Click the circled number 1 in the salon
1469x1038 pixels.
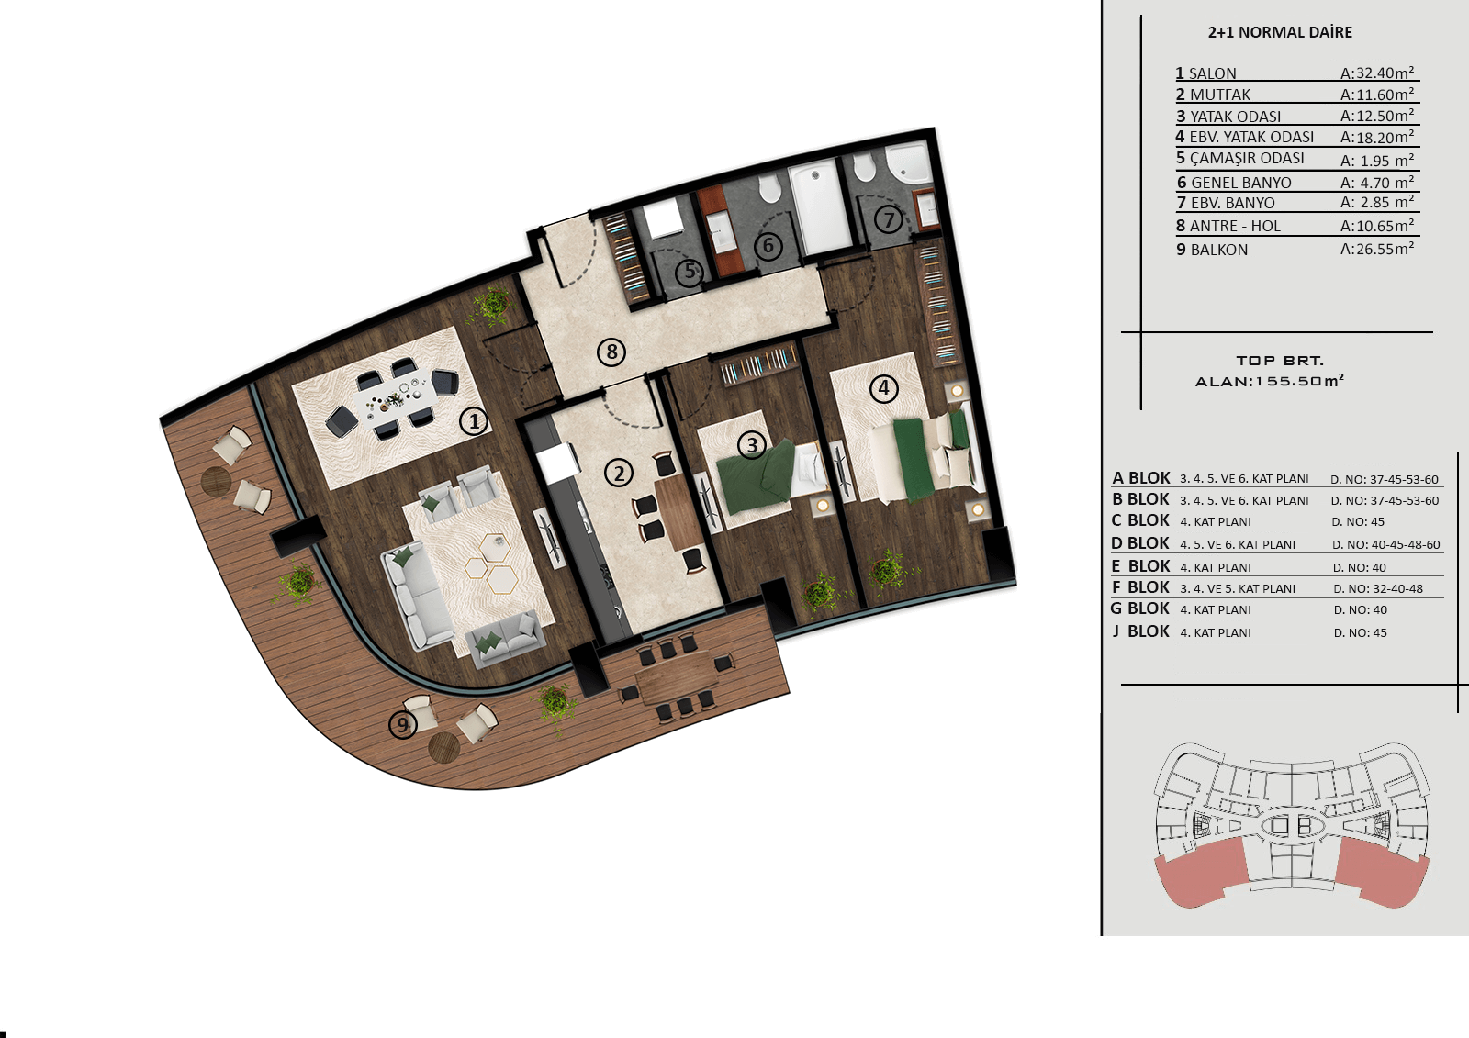[x=474, y=421]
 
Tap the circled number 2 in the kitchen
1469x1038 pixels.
[x=619, y=473]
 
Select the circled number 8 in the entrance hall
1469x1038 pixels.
[x=611, y=352]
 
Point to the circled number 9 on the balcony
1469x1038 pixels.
[x=403, y=724]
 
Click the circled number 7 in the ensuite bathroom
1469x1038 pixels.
[x=890, y=218]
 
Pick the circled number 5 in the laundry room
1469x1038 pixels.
[x=690, y=271]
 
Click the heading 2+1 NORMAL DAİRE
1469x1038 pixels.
[x=1280, y=32]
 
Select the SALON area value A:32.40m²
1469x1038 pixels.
[x=1377, y=73]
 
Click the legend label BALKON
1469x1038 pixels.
[x=1219, y=250]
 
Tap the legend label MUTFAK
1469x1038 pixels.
[x=1220, y=95]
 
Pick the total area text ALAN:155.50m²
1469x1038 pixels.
[x=1270, y=381]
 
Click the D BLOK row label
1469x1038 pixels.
[x=1139, y=543]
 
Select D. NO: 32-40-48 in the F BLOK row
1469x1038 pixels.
[x=1378, y=589]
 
